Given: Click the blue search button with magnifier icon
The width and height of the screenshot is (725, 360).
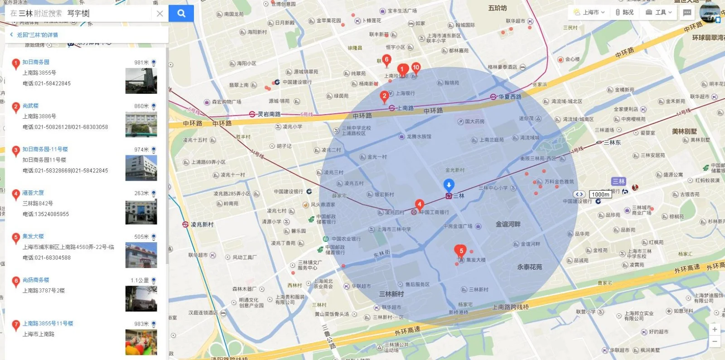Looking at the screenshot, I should coord(181,14).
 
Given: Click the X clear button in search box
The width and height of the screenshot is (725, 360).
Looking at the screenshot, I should coord(159,14).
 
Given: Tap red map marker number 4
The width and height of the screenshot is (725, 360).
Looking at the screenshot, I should coord(420,205).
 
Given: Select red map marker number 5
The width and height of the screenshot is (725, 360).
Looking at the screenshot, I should coord(461,251).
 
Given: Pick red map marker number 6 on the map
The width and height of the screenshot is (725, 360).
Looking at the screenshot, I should coord(387,60).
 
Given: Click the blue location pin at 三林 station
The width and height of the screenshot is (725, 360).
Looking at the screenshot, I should coord(449,185).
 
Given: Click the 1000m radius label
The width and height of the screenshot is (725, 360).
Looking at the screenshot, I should coord(600,195).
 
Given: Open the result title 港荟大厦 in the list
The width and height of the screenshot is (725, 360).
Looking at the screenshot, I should coord(33,193).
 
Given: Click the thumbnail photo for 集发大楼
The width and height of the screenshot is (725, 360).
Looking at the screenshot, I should coord(141,255).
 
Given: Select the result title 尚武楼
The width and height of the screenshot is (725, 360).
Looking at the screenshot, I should coord(30,106).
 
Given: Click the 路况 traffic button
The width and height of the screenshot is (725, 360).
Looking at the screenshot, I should coord(625,12).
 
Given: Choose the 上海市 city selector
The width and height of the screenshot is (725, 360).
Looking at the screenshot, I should coord(590,12).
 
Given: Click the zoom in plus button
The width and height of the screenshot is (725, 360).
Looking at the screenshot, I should coord(715,330).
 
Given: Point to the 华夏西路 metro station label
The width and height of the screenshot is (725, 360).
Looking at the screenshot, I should coord(509,96).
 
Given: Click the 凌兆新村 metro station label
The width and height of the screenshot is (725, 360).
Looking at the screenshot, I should coord(202,225).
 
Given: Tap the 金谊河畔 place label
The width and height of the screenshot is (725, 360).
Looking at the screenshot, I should coord(508,224).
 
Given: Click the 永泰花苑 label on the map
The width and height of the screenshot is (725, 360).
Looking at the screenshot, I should coord(529,267).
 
